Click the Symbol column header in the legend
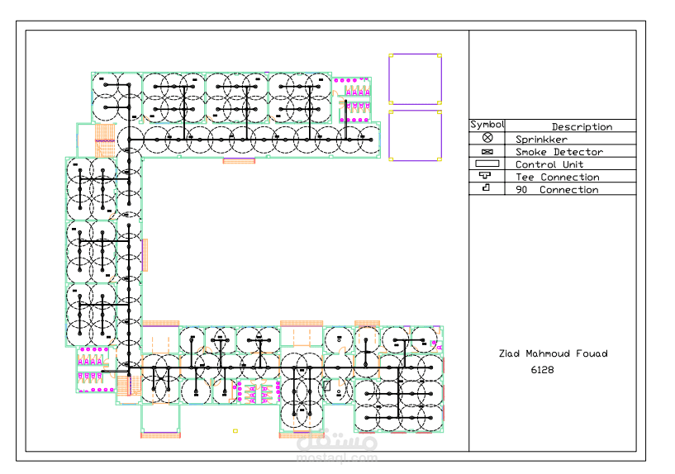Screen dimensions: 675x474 [487, 125]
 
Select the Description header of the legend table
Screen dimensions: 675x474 [582, 127]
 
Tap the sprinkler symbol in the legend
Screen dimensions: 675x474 [487, 138]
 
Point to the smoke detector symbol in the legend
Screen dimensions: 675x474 [487, 152]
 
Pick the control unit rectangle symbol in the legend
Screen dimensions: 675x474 [487, 164]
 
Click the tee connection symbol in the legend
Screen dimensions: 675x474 [485, 175]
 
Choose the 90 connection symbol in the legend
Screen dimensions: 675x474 [486, 187]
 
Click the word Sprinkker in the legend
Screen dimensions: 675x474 [541, 140]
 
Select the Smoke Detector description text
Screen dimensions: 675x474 [559, 152]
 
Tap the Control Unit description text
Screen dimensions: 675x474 [549, 164]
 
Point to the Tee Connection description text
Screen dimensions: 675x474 [558, 178]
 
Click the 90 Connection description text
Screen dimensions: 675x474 [557, 190]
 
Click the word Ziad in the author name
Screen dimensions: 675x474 [509, 353]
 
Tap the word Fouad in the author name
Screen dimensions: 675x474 [592, 353]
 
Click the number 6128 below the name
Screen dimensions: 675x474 [543, 370]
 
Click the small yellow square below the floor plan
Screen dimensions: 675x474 [235, 430]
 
